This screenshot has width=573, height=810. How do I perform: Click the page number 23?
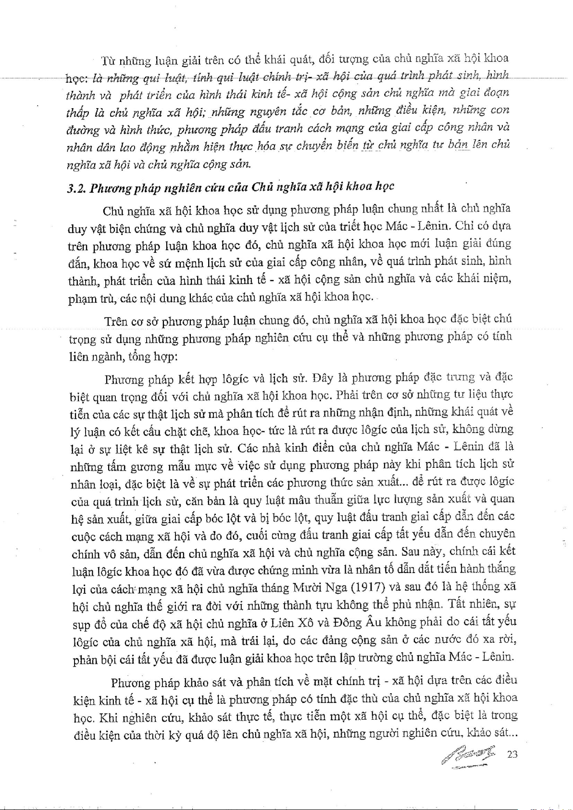coord(512,754)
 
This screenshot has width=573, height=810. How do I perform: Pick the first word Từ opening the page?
coord(108,61)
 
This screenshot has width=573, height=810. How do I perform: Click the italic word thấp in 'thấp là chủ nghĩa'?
coord(77,113)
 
